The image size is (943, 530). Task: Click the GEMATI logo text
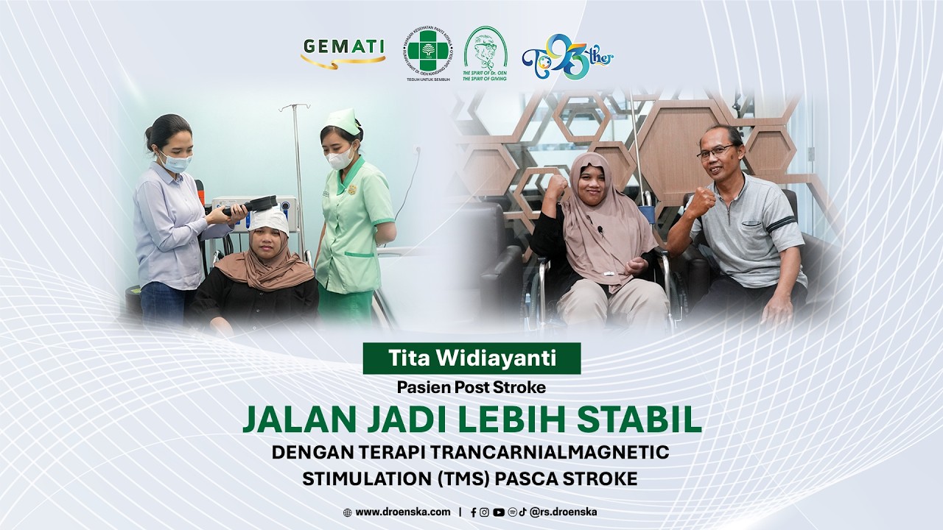[343, 47]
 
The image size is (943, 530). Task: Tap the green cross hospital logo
[427, 52]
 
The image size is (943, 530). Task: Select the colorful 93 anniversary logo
[567, 56]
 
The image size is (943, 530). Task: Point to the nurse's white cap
[343, 120]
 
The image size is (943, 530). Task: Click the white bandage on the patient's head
[270, 219]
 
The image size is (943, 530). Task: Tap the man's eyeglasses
[715, 151]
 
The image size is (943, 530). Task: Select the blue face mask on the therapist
[176, 162]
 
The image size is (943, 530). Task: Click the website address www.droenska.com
[402, 512]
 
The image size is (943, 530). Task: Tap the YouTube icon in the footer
[498, 512]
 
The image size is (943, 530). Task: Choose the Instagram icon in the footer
[484, 512]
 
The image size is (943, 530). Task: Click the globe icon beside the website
[347, 512]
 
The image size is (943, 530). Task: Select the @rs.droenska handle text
[563, 512]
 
